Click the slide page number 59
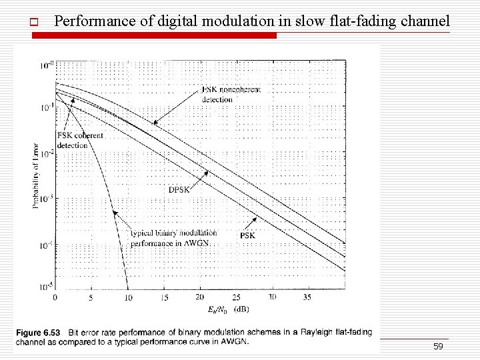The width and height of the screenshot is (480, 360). pos(438,347)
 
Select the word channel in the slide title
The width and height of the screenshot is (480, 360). pos(425,21)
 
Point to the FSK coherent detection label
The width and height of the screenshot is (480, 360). pos(80,140)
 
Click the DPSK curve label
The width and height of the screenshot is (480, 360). pos(179,189)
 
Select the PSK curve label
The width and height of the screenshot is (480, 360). pos(247,235)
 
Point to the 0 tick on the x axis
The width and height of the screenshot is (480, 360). pos(55,297)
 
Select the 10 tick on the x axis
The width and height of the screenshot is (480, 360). pos(128,297)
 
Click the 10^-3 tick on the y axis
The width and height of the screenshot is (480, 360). pos(46,198)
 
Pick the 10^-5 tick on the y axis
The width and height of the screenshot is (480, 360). pos(46,287)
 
